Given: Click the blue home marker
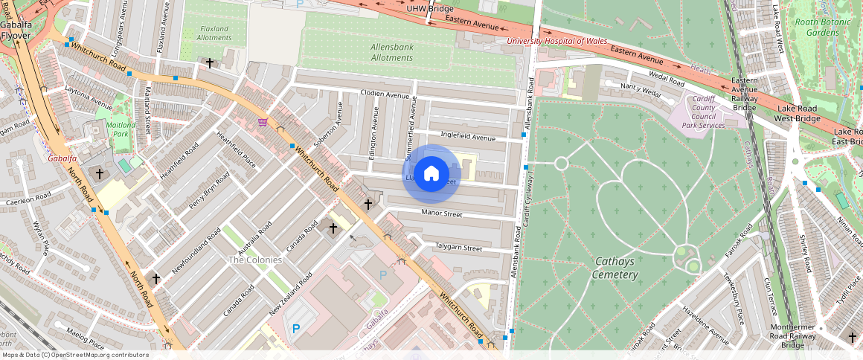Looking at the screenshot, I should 431,174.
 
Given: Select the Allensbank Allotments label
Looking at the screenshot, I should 391,52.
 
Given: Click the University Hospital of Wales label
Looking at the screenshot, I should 556,41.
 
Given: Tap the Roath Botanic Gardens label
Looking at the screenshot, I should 817,28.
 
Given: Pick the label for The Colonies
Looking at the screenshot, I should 255,260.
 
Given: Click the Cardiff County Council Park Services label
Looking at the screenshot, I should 703,112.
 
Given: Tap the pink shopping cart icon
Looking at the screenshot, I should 263,122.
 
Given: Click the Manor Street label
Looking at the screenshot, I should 442,213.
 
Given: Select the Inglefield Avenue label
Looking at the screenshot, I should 467,137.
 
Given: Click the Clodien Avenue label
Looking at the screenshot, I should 385,94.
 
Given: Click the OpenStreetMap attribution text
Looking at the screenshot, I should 74,355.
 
